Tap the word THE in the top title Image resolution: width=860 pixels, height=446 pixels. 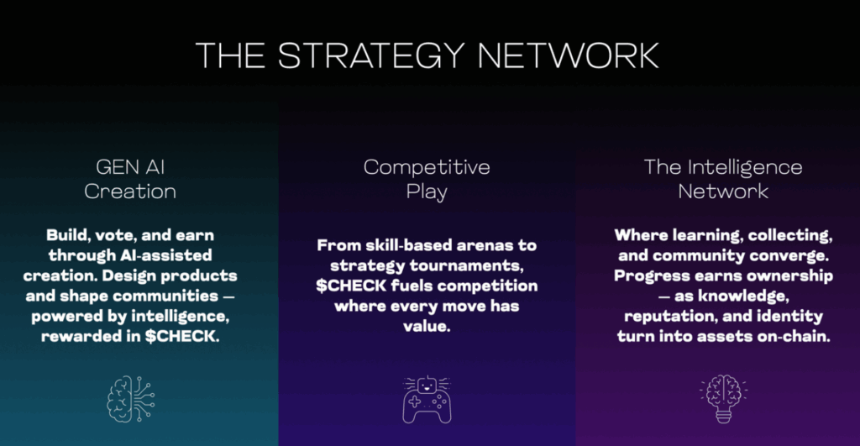(231, 55)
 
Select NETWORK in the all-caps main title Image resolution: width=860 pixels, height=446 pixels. (569, 55)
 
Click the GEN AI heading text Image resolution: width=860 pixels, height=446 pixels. (130, 167)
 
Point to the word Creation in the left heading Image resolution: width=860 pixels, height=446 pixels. (130, 191)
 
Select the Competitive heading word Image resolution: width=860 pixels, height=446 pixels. (427, 167)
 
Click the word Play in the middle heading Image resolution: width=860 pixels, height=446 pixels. (427, 192)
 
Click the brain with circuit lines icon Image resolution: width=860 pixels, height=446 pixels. (130, 399)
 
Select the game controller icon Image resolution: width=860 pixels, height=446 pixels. (427, 399)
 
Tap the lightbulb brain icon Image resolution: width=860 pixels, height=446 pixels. (723, 399)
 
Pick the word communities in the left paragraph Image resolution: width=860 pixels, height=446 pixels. (166, 296)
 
